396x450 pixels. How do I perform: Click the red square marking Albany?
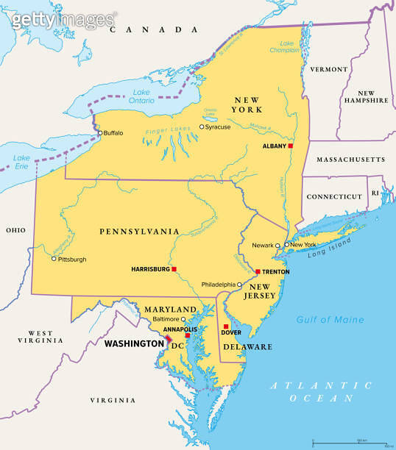coord(290,146)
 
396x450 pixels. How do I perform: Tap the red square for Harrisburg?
coord(174,269)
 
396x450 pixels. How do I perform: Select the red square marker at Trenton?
coord(257,271)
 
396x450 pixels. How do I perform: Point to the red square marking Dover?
coord(226,326)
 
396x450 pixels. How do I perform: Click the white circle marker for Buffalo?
coord(100,133)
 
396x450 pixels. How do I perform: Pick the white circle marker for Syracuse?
coord(202,126)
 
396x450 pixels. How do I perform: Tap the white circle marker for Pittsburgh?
coord(54,259)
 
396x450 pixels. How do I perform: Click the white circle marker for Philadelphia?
coord(239,285)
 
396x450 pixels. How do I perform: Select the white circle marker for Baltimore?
coord(183,320)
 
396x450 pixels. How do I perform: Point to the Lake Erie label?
coord(22,162)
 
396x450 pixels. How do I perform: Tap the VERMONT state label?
coord(328,69)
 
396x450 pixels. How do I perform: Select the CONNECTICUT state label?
coord(334,196)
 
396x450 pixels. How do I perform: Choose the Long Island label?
coord(326,250)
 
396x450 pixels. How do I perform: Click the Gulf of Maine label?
coord(330,319)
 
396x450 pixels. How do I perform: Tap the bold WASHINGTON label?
coord(134,343)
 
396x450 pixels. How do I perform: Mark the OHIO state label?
coord(15,230)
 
